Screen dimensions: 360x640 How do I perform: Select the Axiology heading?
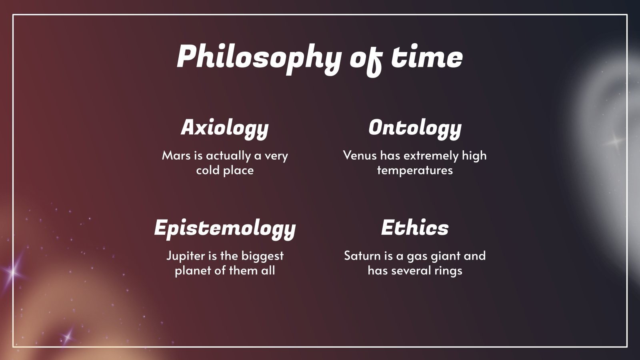point(225,128)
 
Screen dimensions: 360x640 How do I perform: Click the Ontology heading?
point(415,128)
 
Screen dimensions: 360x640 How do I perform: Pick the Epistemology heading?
point(225,228)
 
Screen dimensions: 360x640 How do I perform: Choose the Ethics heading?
point(415,228)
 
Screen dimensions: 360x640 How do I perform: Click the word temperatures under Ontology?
point(415,170)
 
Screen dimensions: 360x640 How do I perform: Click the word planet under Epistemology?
point(193,271)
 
